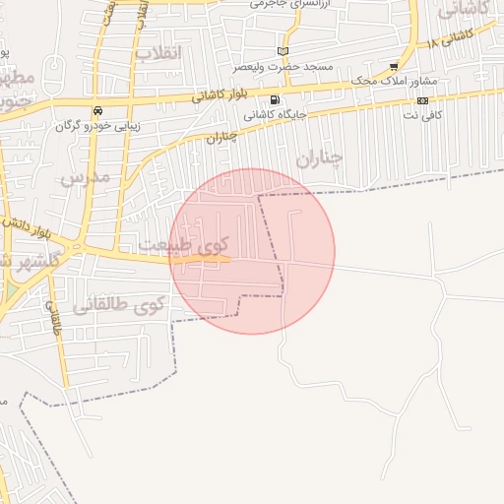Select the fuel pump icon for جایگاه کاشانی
pos(274,99)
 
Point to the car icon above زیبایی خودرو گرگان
pos(96,110)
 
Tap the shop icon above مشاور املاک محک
pos(394,67)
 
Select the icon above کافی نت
pos(422,100)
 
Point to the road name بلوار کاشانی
pos(221,95)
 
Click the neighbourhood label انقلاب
pos(157,52)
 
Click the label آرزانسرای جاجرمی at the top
pos(292,4)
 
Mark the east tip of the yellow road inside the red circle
pos(229,260)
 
